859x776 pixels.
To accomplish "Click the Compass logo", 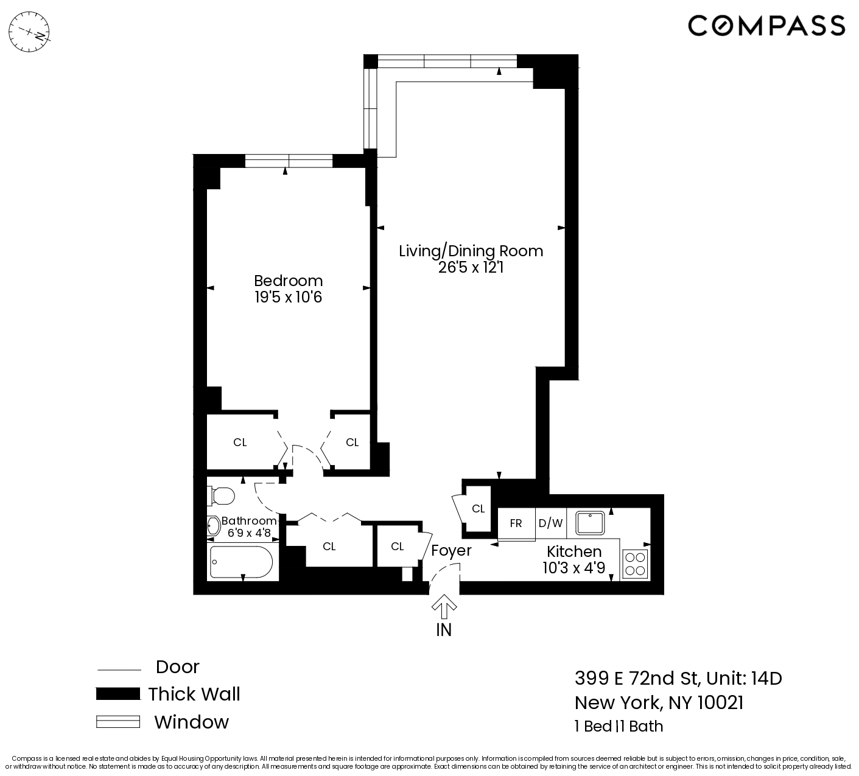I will [x=766, y=26].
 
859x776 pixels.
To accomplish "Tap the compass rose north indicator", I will [x=33, y=30].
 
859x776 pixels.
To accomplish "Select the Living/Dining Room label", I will [x=471, y=251].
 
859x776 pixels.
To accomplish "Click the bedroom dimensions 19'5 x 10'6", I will [x=288, y=298].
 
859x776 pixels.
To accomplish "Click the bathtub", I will [x=241, y=561].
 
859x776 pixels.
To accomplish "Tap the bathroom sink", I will [x=213, y=526].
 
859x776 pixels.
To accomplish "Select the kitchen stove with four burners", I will [x=635, y=563].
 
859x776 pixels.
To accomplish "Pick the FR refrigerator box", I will [x=516, y=523].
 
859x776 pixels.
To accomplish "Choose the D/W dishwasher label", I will [x=550, y=523].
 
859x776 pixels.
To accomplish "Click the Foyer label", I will [x=451, y=551].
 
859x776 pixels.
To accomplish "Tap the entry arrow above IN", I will [x=444, y=607].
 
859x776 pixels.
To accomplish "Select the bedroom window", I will [x=289, y=161].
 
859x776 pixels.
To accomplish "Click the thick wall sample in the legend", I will [x=118, y=694].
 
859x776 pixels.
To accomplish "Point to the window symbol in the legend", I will [x=118, y=722].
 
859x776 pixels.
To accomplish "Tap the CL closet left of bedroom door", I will [x=240, y=442].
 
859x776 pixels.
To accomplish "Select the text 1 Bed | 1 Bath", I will [x=619, y=726].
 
